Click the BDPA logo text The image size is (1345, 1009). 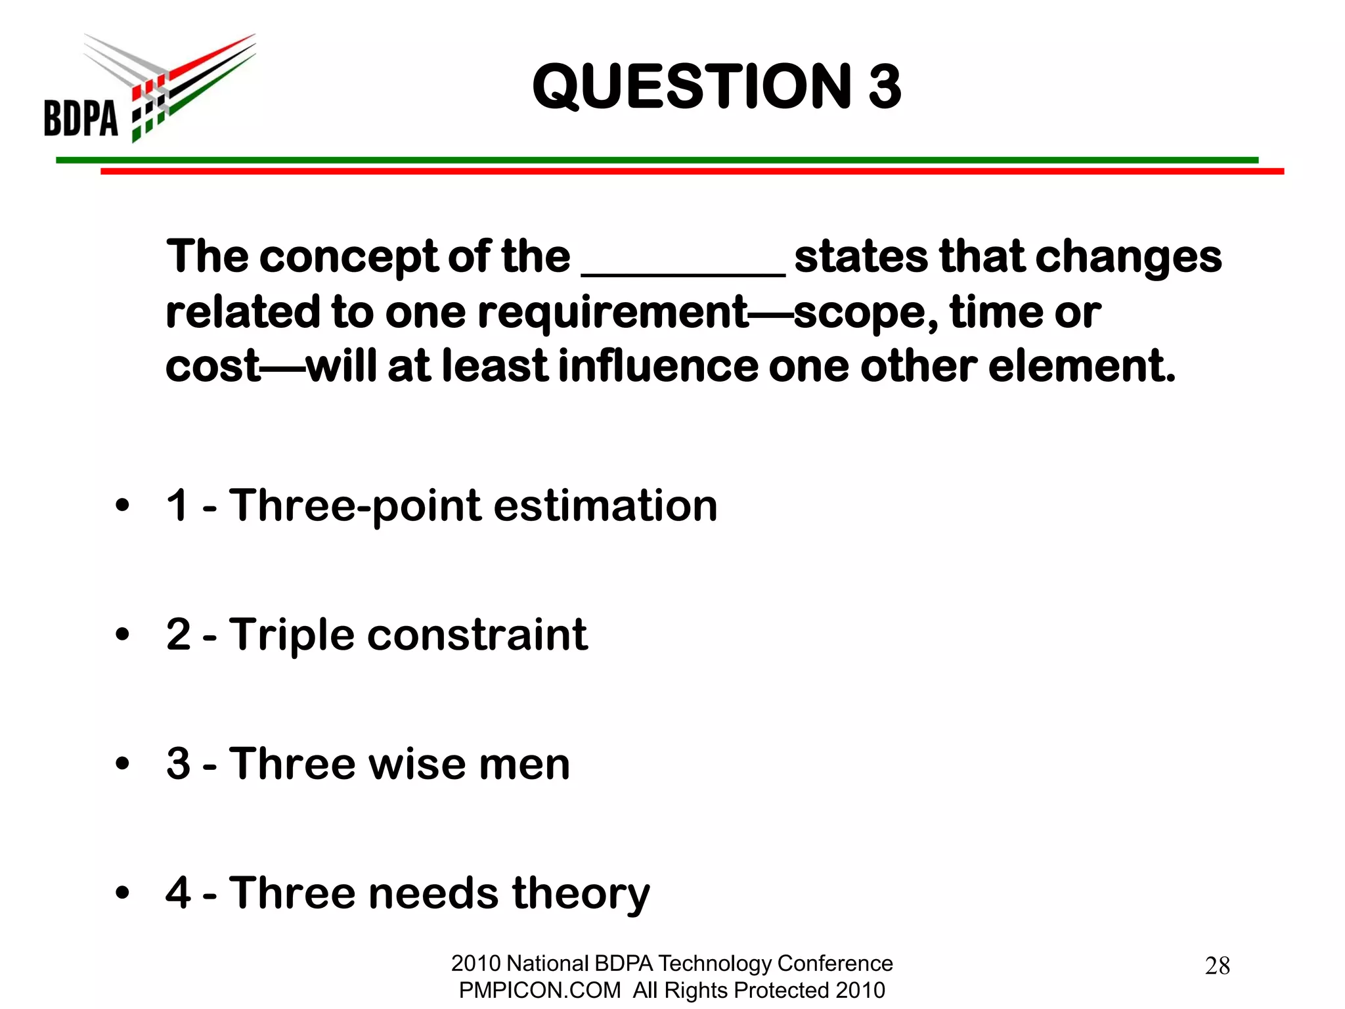(81, 118)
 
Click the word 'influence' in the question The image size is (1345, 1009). (658, 366)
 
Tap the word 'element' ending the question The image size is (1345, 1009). (1080, 366)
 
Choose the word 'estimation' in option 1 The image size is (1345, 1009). (605, 506)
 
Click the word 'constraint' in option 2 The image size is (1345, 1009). (477, 635)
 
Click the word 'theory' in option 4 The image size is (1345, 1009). (581, 894)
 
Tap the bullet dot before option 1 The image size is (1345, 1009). (122, 506)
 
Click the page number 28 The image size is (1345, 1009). (1217, 966)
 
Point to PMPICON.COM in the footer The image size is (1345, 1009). (539, 990)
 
